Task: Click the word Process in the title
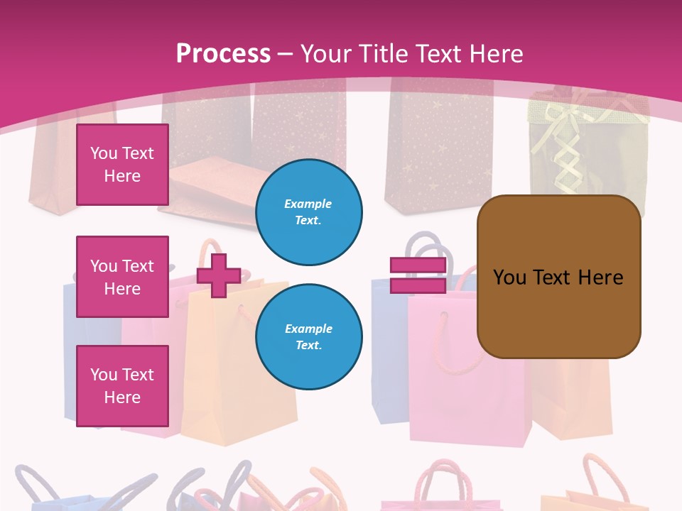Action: coord(223,54)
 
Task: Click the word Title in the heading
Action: coord(384,54)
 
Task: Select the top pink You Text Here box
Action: coord(122,165)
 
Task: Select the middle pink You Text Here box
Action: coord(122,277)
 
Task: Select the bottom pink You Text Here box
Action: coord(122,386)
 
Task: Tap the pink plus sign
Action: coord(219,275)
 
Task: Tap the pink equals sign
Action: coord(418,275)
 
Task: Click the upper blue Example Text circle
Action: coord(308,211)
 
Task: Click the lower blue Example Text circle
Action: coord(308,336)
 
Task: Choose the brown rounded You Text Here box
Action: coord(558,277)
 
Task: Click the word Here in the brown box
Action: coord(600,278)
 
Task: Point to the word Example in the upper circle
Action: coord(308,204)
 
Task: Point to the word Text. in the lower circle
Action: coord(308,345)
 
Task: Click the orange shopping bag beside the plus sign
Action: coord(234,383)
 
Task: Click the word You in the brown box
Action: coord(509,278)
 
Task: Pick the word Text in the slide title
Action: coord(437,54)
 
